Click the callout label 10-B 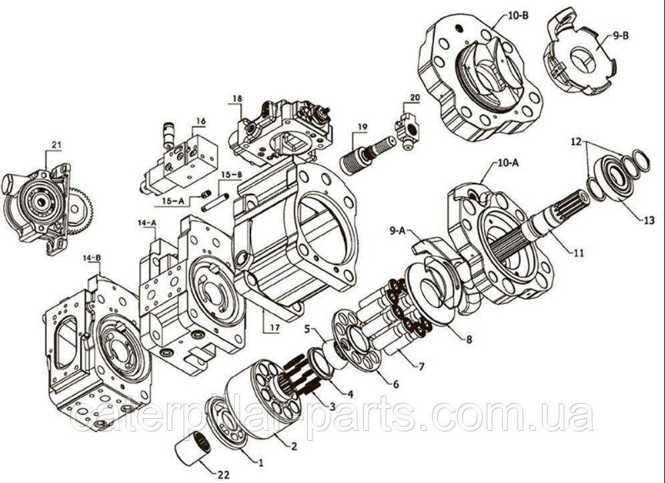(x=517, y=17)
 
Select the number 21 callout (x=56, y=145)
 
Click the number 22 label (x=223, y=474)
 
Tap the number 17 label (x=275, y=327)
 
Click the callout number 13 (x=648, y=220)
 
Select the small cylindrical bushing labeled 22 (x=190, y=448)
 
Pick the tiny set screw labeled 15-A (x=206, y=194)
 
